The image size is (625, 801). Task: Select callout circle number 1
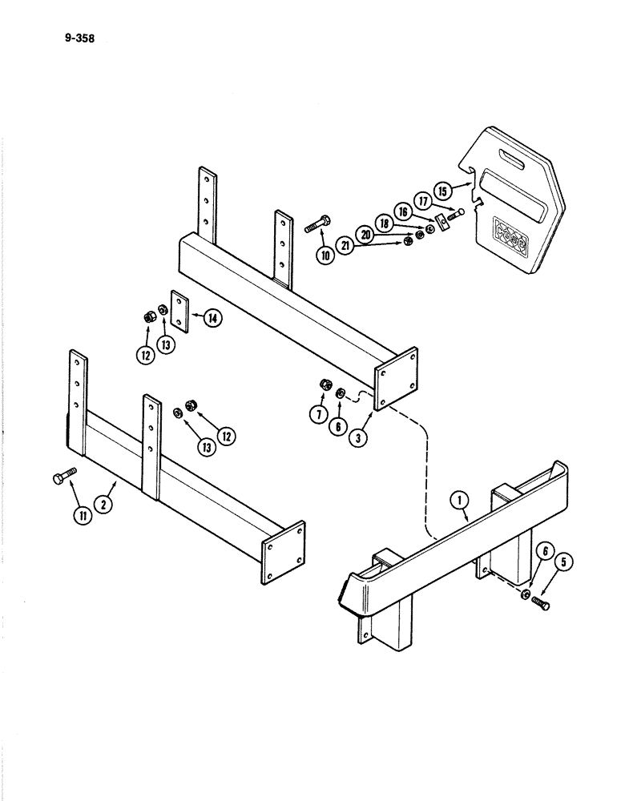[461, 501]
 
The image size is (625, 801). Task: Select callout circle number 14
[212, 317]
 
